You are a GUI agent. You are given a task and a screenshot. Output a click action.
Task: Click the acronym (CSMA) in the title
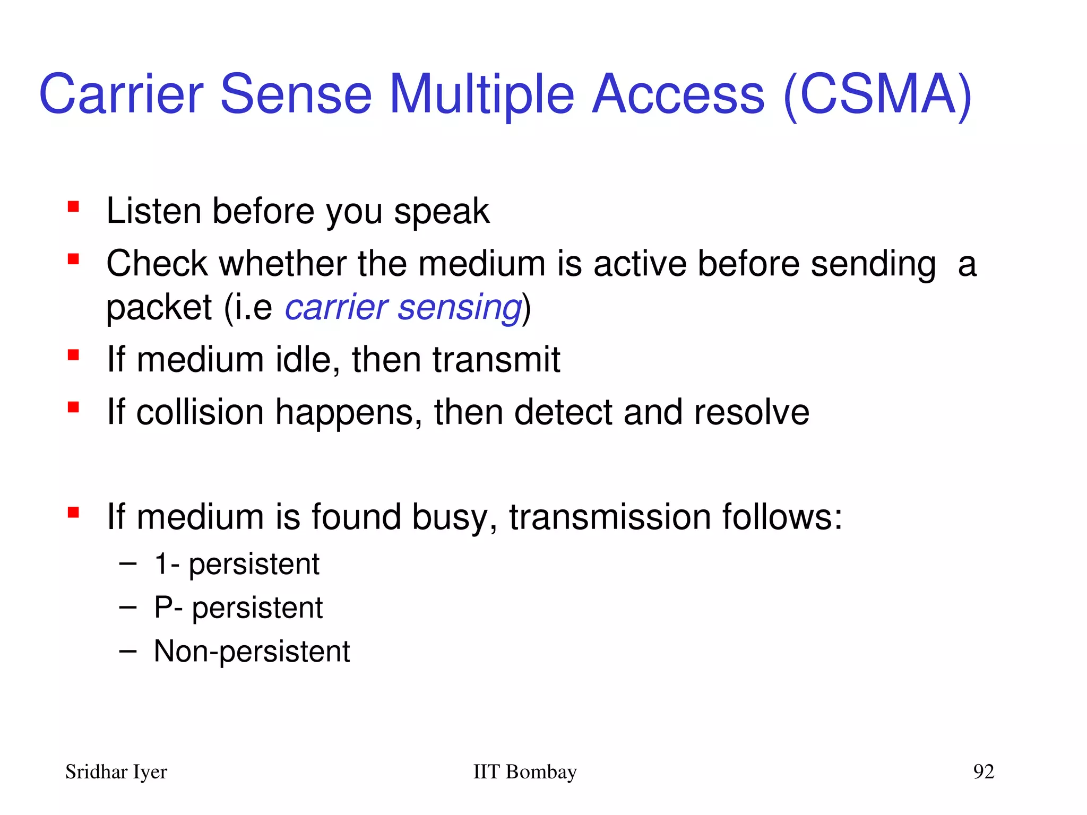pos(877,96)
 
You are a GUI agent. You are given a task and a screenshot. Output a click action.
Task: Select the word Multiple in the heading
pos(482,96)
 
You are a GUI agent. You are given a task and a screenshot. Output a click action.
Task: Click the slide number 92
pos(983,771)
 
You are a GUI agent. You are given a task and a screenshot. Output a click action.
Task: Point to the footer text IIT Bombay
pos(524,771)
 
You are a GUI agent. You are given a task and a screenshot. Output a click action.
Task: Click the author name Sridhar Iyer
pos(116,771)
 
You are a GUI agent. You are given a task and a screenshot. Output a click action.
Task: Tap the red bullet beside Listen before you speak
pos(73,206)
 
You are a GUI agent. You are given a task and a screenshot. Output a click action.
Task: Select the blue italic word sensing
pos(460,308)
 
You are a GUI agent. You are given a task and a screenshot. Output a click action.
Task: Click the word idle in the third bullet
pos(307,360)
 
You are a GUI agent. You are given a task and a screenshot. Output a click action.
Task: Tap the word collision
pos(200,412)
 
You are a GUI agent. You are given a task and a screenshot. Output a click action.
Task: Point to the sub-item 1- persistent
pos(237,564)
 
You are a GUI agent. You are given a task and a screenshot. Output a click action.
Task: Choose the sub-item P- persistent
pos(238,608)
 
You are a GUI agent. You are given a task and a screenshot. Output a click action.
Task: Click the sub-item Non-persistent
pos(252,651)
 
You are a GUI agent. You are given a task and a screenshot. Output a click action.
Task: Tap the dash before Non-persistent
pos(128,651)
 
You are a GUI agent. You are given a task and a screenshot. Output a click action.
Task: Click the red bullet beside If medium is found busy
pos(73,513)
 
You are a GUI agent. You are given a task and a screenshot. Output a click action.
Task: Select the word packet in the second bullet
pos(159,308)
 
